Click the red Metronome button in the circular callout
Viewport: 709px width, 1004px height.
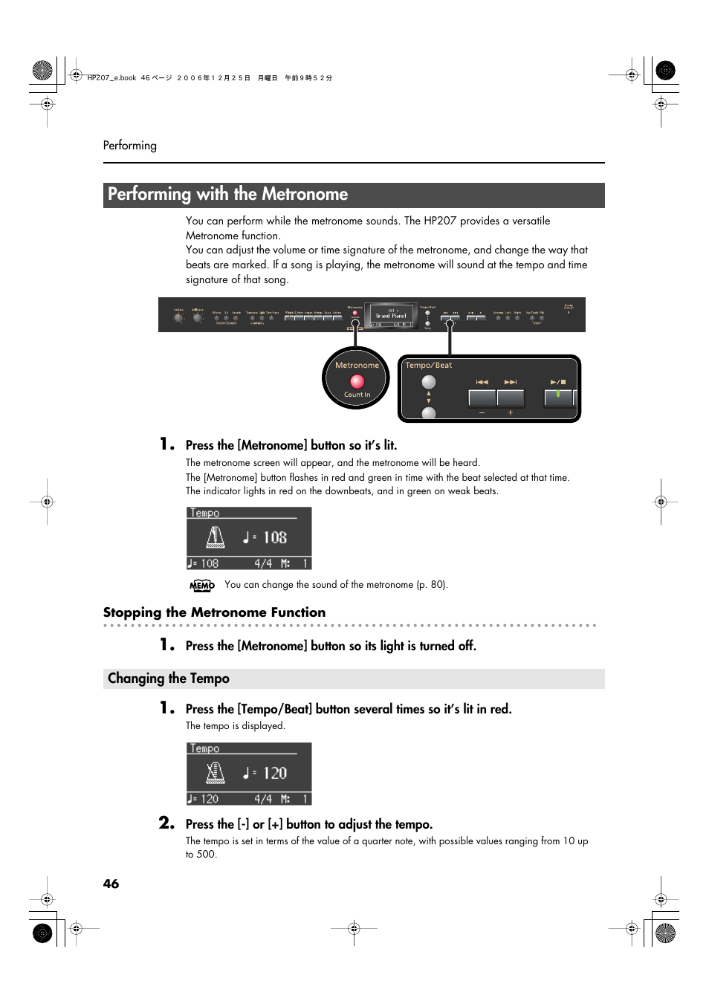357,381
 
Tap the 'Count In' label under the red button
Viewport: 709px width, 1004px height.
357,395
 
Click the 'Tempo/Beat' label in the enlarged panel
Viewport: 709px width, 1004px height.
429,365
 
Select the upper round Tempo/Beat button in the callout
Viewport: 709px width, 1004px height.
429,382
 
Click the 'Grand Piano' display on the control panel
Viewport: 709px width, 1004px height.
391,316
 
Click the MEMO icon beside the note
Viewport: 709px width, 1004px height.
202,586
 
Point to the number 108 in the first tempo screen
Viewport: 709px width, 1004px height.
275,537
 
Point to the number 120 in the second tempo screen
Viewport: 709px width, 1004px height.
275,773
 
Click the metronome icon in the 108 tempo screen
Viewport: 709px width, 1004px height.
216,537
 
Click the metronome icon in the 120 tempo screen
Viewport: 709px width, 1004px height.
216,773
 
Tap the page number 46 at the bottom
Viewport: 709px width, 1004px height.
111,884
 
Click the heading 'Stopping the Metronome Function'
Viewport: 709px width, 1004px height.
214,612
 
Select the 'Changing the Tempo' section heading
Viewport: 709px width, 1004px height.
169,678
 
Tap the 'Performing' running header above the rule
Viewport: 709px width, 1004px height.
130,146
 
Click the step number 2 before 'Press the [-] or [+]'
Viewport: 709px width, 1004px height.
166,823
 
